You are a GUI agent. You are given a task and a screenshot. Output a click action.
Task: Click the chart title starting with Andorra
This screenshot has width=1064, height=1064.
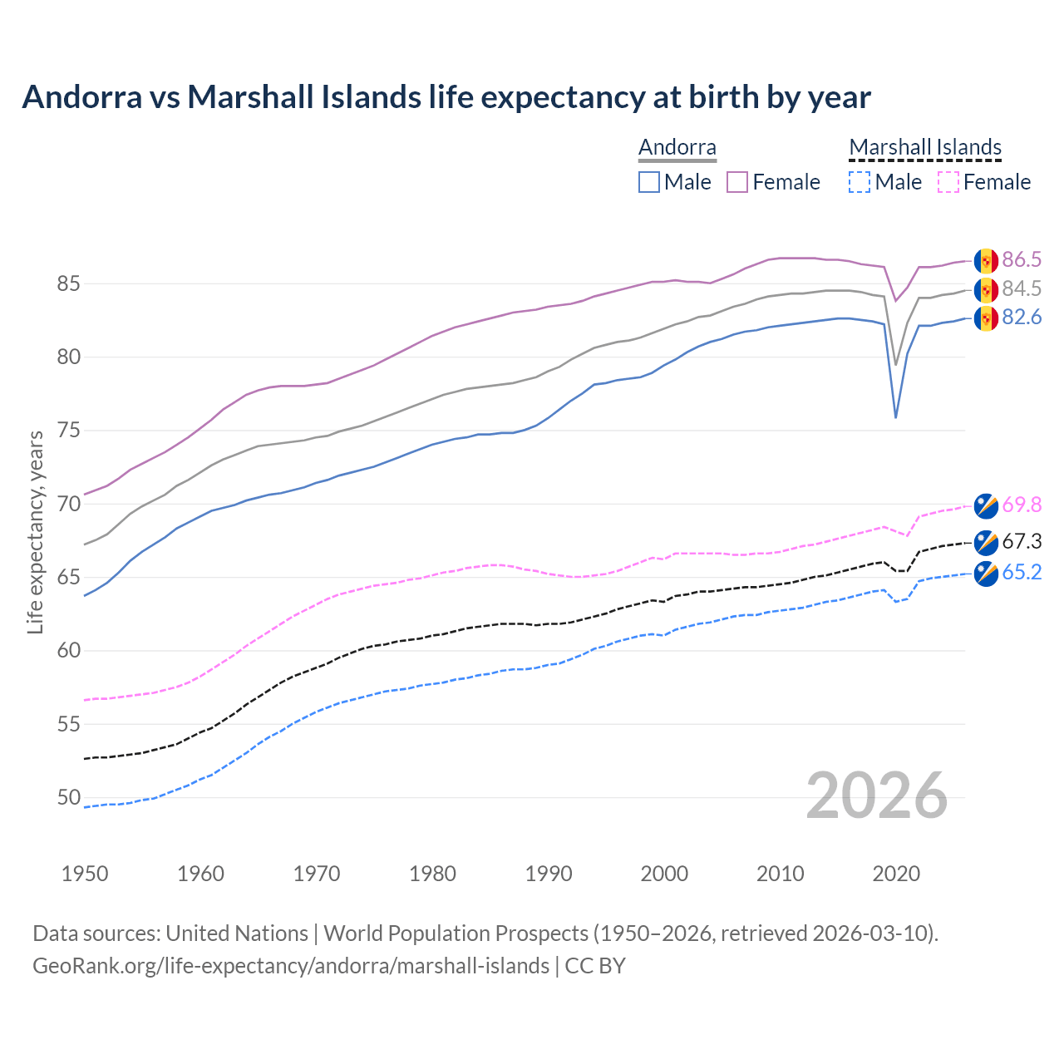click(446, 97)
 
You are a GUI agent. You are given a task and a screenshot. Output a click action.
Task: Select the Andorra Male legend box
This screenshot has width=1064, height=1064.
click(649, 182)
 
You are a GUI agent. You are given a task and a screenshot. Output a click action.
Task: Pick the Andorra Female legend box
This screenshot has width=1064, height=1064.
click(737, 182)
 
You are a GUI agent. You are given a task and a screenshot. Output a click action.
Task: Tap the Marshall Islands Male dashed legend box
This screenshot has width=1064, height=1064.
click(860, 182)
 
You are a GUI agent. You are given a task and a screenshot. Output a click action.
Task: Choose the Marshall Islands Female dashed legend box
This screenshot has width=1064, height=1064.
click(948, 182)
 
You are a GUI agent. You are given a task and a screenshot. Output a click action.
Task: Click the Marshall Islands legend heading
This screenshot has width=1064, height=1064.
click(925, 147)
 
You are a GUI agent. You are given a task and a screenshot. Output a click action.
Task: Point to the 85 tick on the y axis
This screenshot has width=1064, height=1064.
click(68, 284)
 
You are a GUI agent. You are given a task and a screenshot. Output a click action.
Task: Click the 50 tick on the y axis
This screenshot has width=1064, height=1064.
click(68, 798)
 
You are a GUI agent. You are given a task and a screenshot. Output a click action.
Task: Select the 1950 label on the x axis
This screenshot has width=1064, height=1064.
click(85, 874)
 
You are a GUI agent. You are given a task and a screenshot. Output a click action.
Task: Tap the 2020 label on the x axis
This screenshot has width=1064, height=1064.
click(896, 874)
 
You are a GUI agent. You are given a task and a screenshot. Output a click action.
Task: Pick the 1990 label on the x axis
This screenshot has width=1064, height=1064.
click(549, 874)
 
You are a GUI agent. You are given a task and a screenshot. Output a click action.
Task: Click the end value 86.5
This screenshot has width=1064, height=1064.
click(1022, 260)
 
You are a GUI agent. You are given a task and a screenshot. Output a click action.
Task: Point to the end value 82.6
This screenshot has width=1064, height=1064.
click(1022, 318)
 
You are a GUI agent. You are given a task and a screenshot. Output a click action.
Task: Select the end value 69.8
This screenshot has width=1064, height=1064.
click(1022, 505)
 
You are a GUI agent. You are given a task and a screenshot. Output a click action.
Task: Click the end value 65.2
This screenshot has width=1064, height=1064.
click(1022, 573)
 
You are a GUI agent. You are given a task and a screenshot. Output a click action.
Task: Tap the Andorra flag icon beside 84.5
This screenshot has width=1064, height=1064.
click(986, 289)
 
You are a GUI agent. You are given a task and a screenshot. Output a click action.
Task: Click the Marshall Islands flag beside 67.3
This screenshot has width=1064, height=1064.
click(986, 542)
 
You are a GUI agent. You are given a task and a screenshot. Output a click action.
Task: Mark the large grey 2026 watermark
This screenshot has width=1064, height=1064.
click(877, 796)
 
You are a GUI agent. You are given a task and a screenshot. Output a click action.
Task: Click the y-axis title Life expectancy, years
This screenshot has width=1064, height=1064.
click(35, 532)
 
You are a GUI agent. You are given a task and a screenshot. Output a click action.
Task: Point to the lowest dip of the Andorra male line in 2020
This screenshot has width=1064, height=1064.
click(895, 416)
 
